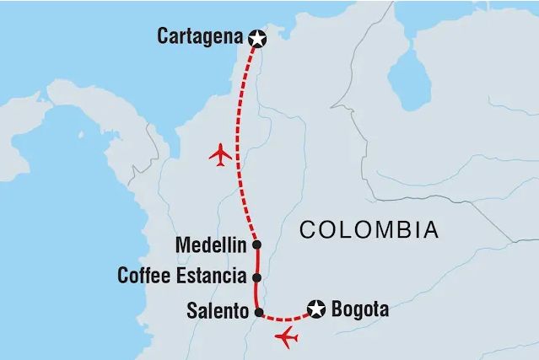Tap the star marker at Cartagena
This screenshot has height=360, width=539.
(x=257, y=37)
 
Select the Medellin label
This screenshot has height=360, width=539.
(x=210, y=245)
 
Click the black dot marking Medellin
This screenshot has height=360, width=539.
(x=256, y=245)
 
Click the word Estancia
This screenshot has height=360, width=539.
(x=212, y=276)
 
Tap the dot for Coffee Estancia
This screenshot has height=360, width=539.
(x=256, y=277)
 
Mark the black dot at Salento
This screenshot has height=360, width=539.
(x=259, y=310)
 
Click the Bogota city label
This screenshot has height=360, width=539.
(x=361, y=309)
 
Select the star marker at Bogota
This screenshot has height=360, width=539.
(x=316, y=309)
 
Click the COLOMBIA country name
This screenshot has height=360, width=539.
(x=369, y=228)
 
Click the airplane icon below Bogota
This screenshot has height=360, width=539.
(x=287, y=339)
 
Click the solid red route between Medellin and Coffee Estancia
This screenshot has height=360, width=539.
(x=256, y=261)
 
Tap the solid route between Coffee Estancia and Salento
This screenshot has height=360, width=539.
(x=256, y=293)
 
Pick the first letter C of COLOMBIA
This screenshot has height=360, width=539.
(x=308, y=229)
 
